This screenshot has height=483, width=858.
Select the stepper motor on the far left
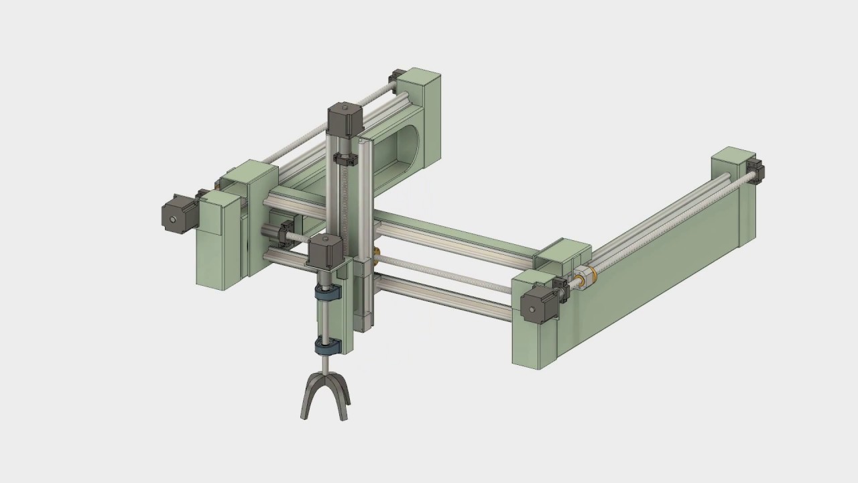click(x=176, y=215)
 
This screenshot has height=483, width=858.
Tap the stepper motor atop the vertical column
click(x=345, y=120)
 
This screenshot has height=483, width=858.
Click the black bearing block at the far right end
click(x=757, y=171)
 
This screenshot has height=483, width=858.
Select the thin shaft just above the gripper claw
click(x=326, y=363)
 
